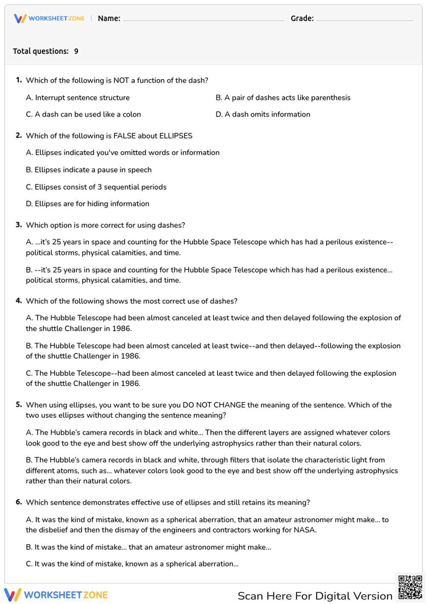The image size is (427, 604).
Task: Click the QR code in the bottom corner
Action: tap(410, 587)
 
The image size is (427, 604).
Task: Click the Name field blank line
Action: tap(203, 19)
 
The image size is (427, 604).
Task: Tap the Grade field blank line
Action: tap(364, 19)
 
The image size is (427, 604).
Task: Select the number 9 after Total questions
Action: tap(76, 51)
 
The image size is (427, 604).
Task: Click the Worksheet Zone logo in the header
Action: tap(49, 18)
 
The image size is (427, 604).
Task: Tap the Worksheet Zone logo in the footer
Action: tap(56, 595)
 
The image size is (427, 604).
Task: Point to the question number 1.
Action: tap(19, 80)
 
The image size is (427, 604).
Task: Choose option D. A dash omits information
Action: tap(263, 114)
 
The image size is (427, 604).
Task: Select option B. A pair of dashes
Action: tap(283, 98)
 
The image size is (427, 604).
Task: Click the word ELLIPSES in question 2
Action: tap(175, 136)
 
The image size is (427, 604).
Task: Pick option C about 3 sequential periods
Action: tap(96, 187)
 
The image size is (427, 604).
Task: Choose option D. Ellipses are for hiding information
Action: tap(88, 204)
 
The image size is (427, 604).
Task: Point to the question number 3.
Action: tap(19, 225)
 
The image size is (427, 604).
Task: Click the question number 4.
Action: tap(19, 301)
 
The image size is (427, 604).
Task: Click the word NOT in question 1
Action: tap(121, 80)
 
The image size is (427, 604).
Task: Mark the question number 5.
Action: tap(19, 405)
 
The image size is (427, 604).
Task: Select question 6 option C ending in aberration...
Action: tap(132, 564)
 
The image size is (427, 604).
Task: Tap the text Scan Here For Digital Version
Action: tap(315, 596)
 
